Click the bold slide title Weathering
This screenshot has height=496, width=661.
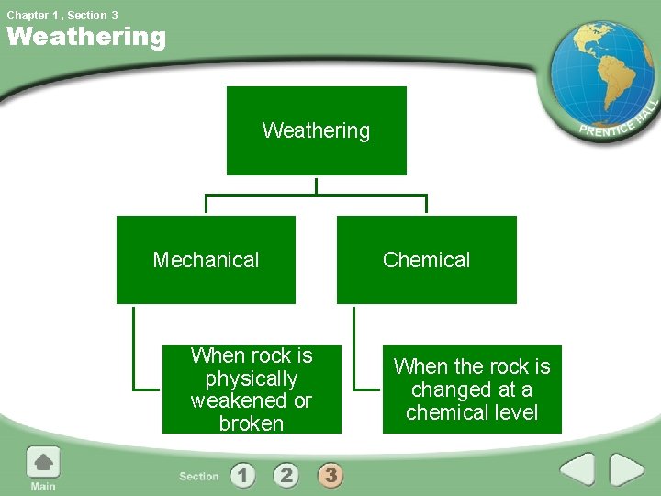point(86,38)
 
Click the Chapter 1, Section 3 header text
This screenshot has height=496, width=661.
point(62,15)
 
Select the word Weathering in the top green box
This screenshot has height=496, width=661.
point(316,130)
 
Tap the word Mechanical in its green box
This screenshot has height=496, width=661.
point(206,260)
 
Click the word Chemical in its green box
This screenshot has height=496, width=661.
point(426,260)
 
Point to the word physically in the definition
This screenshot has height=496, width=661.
point(251,378)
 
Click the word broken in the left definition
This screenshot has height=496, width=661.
point(251,423)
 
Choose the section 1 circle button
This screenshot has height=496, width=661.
point(243,475)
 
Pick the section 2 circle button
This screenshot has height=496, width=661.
point(286,475)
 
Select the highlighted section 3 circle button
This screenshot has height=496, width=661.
point(330,475)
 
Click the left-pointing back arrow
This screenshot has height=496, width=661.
point(577,469)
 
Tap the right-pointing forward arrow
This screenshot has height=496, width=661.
point(628,469)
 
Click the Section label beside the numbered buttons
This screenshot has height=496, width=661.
point(199,476)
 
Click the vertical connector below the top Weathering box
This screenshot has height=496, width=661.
point(316,185)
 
